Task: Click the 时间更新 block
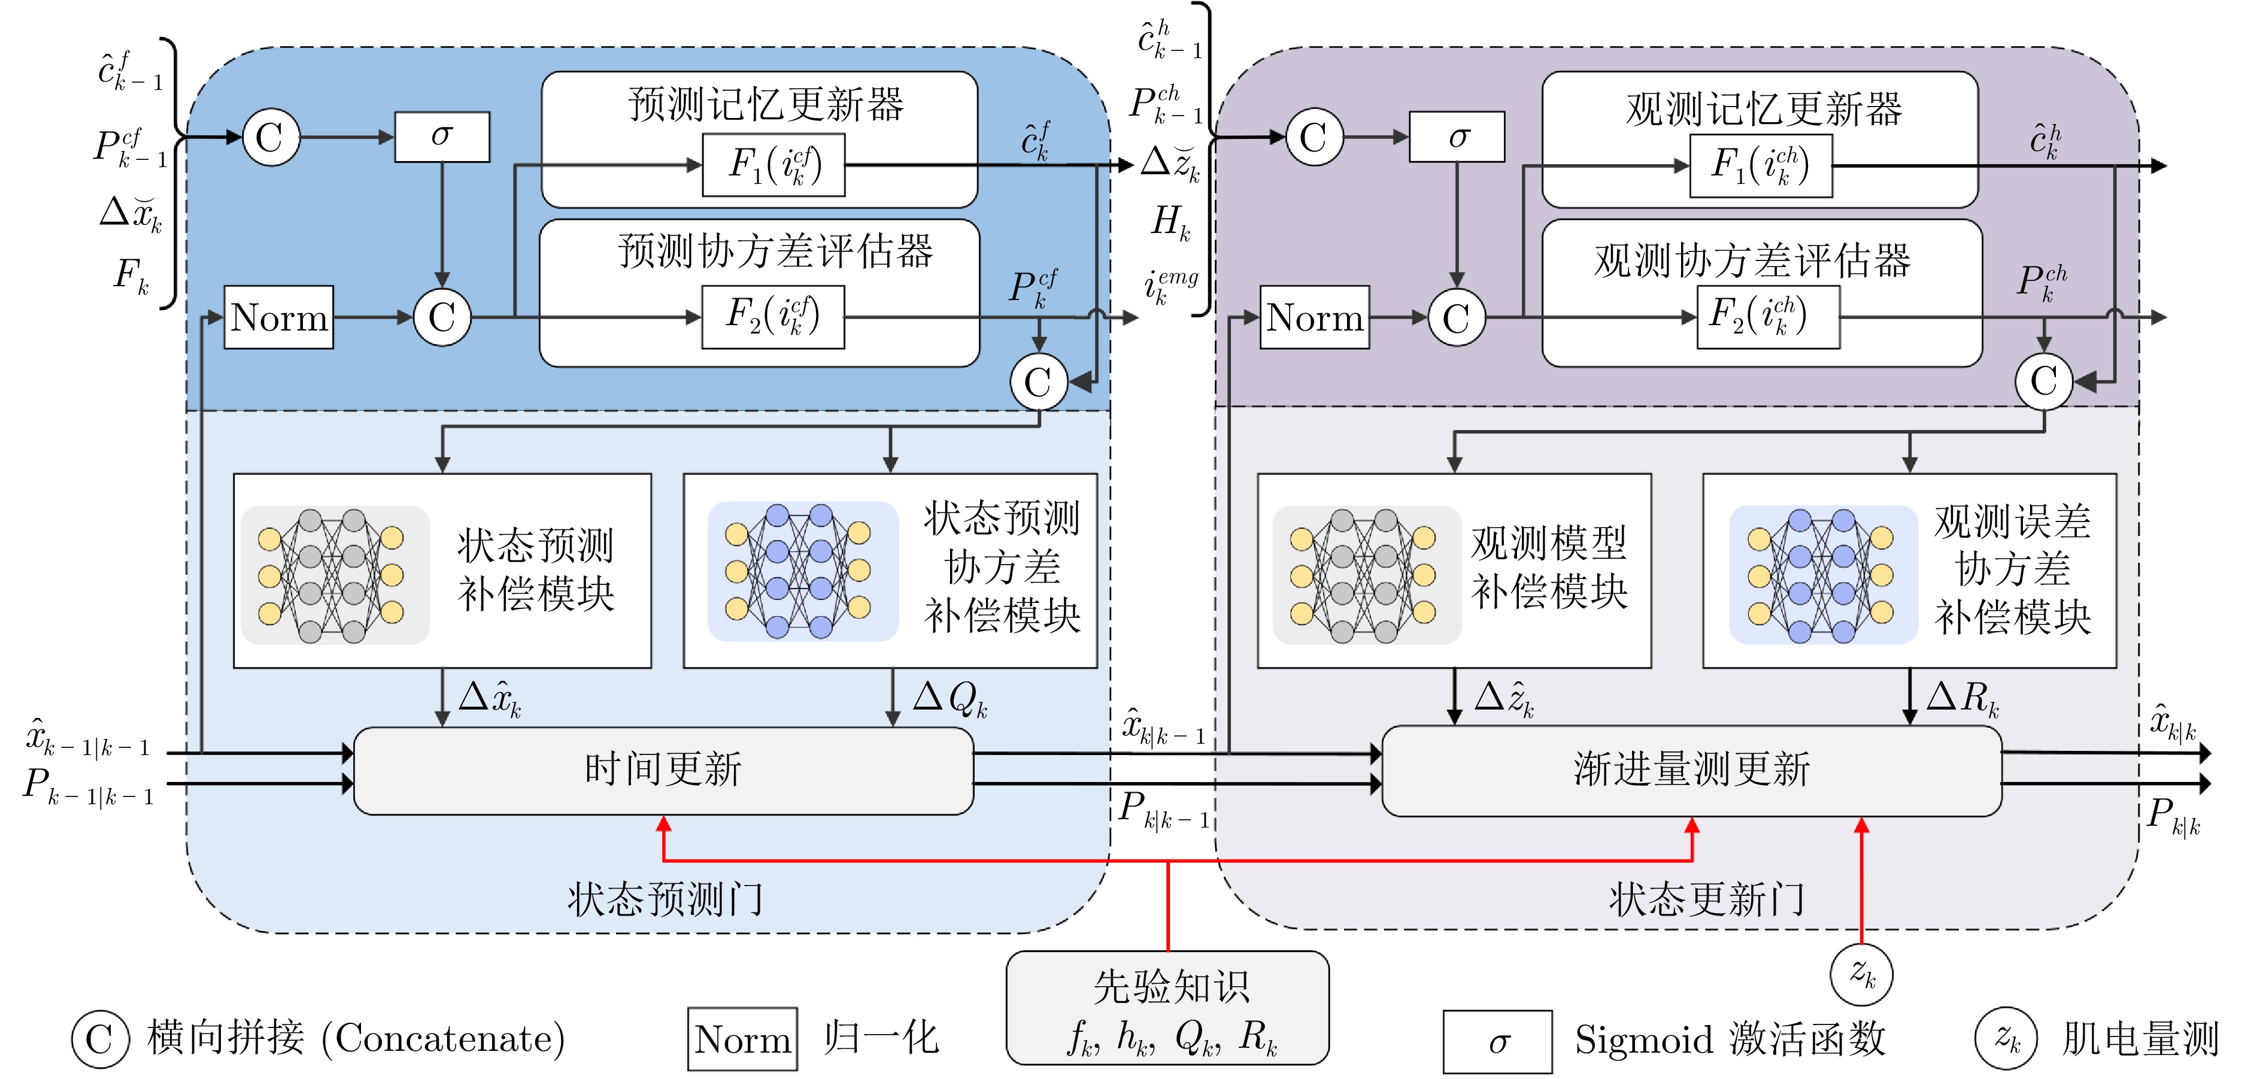663,769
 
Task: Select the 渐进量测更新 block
1691,769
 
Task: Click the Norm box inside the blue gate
278,317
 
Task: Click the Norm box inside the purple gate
1314,317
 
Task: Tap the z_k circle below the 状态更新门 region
1861,974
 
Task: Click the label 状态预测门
665,899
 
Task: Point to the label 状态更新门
1707,899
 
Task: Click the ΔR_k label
1962,699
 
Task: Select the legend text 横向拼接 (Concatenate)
356,1038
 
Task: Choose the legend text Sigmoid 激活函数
1730,1039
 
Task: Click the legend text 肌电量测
2140,1039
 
